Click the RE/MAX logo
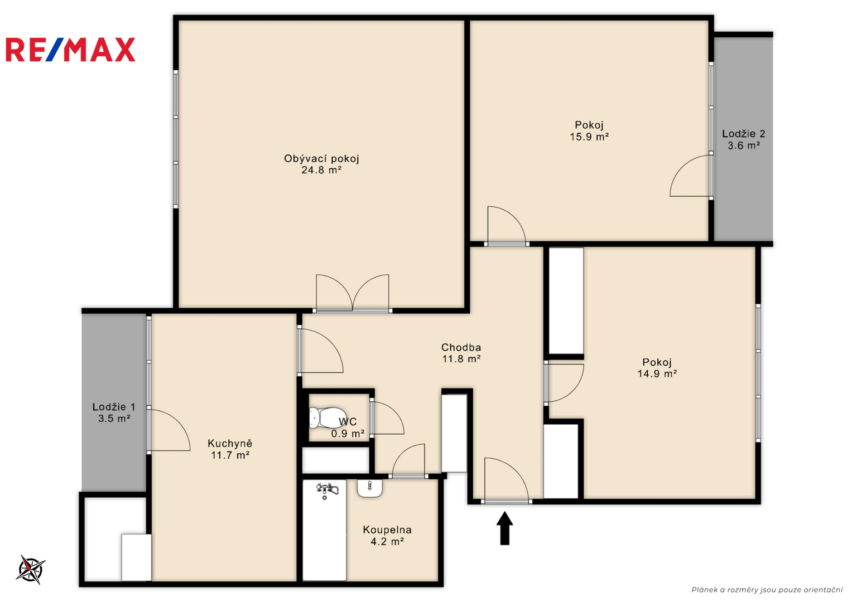(x=71, y=50)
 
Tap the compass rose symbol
(x=31, y=569)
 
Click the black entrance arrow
(x=504, y=528)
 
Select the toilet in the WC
(x=327, y=417)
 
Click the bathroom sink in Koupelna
(x=369, y=488)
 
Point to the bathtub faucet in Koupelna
(x=327, y=490)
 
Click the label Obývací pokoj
(x=321, y=158)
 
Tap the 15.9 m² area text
(x=589, y=137)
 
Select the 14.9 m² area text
(x=657, y=373)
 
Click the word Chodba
(x=461, y=347)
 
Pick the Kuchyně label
(x=230, y=443)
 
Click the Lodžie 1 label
(x=114, y=407)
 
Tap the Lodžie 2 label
(x=744, y=134)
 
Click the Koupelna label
(x=387, y=530)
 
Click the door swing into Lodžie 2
(x=690, y=176)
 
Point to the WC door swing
(x=387, y=417)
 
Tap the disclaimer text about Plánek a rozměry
(x=767, y=590)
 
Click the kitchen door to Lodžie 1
(x=169, y=430)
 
